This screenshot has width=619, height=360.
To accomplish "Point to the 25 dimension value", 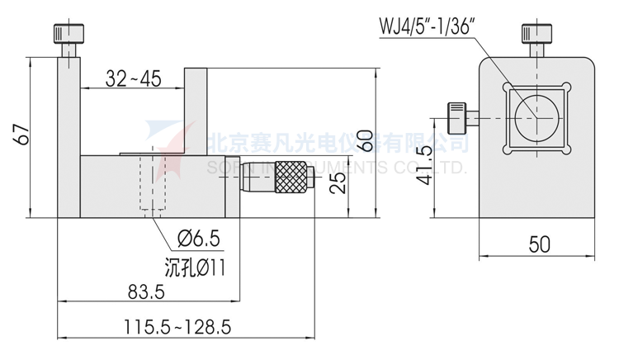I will click(x=336, y=183).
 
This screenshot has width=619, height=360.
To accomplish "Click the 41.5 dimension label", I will click(x=424, y=167).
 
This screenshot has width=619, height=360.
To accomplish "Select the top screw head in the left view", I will click(x=67, y=35).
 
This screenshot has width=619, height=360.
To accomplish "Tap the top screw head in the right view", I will click(x=537, y=35).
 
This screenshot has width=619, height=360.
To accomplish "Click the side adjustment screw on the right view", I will click(x=456, y=118).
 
